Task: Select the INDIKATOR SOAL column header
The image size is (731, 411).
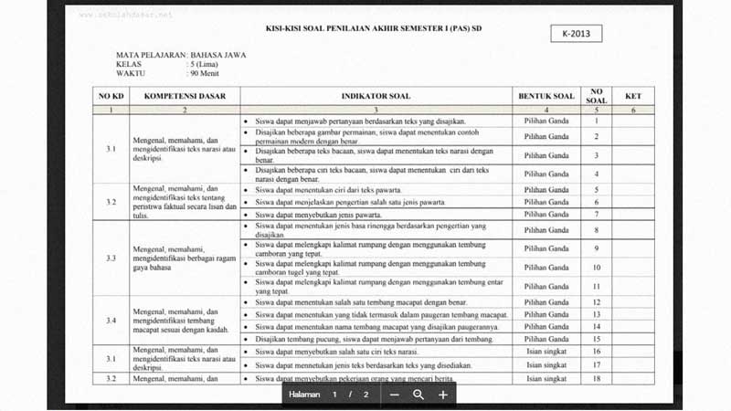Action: [376, 96]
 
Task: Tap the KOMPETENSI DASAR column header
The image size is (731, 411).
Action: [184, 96]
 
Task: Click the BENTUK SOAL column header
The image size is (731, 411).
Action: [546, 96]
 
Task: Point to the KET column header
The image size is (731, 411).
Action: [632, 96]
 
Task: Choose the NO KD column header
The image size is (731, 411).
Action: [111, 96]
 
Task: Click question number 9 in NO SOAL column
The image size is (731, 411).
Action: [596, 248]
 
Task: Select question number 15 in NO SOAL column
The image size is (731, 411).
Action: [596, 339]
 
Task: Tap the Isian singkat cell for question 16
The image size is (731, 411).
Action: [546, 351]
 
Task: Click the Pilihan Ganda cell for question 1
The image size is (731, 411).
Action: [546, 121]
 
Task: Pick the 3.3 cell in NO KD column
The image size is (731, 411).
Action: [111, 258]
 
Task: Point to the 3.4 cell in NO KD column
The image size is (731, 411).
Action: [111, 321]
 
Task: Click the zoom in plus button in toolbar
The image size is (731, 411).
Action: [443, 395]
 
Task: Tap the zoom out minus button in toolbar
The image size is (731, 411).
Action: [395, 395]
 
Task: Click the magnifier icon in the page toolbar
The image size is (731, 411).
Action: [418, 395]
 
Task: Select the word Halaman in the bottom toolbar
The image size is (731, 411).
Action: [305, 395]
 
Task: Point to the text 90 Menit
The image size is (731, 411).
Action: [206, 74]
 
